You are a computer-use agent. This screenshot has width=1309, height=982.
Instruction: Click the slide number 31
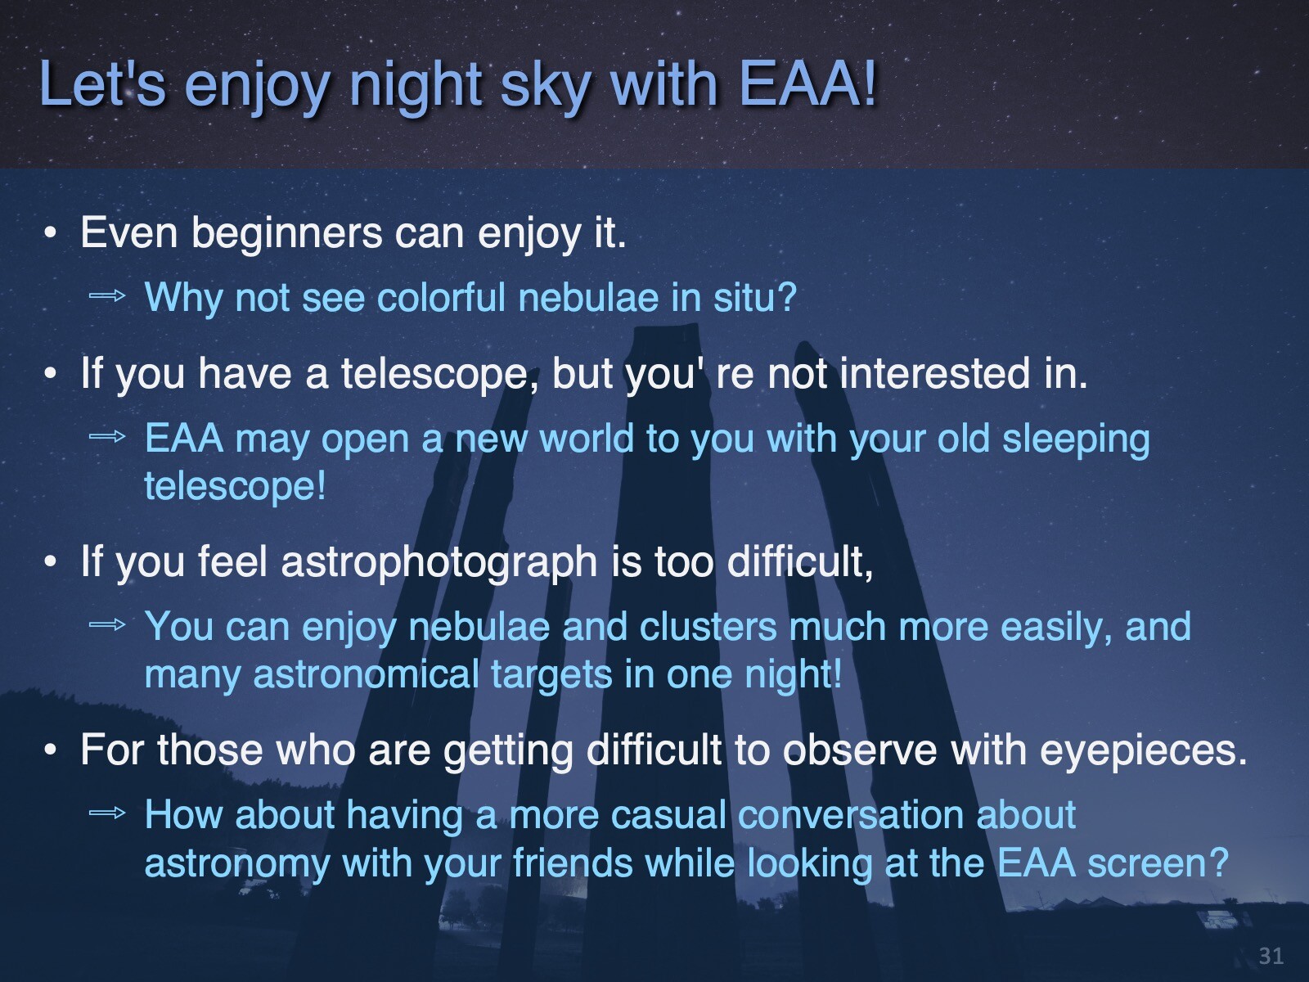point(1271,956)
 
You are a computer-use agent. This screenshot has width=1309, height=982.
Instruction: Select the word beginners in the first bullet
point(287,234)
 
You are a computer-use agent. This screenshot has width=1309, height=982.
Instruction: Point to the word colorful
point(441,297)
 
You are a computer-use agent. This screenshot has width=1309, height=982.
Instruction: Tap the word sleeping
point(1076,440)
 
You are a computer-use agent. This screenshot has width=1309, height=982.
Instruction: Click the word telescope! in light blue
point(236,486)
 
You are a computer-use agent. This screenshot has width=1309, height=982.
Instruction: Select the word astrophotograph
point(439,563)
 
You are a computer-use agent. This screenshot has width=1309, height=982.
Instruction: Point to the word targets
point(551,676)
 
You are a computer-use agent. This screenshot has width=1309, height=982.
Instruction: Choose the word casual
point(668,815)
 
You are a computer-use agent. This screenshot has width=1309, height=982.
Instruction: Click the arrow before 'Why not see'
point(107,295)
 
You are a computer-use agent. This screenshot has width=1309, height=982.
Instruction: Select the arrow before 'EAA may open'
point(107,437)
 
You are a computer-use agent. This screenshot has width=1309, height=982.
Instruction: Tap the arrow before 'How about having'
point(107,812)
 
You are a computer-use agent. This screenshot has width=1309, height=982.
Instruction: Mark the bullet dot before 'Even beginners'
point(51,233)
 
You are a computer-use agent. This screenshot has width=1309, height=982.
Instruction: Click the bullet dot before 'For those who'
point(51,750)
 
